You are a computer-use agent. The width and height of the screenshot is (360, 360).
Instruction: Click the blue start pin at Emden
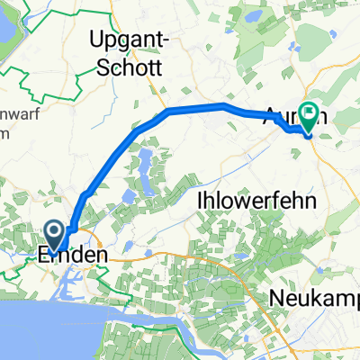coord(54,237)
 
